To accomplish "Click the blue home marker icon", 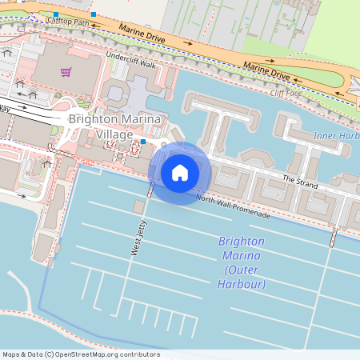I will (x=180, y=172).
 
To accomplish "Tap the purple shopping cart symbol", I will (x=66, y=72).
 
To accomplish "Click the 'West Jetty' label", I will (x=138, y=238).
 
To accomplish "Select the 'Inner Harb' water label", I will (x=336, y=135).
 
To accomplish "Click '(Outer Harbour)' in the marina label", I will (x=240, y=284).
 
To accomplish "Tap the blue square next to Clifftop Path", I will (x=94, y=14).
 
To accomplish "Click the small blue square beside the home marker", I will (x=142, y=142).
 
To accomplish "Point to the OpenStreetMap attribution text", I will (x=80, y=354).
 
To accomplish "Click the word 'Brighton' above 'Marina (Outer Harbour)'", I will (x=240, y=242).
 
